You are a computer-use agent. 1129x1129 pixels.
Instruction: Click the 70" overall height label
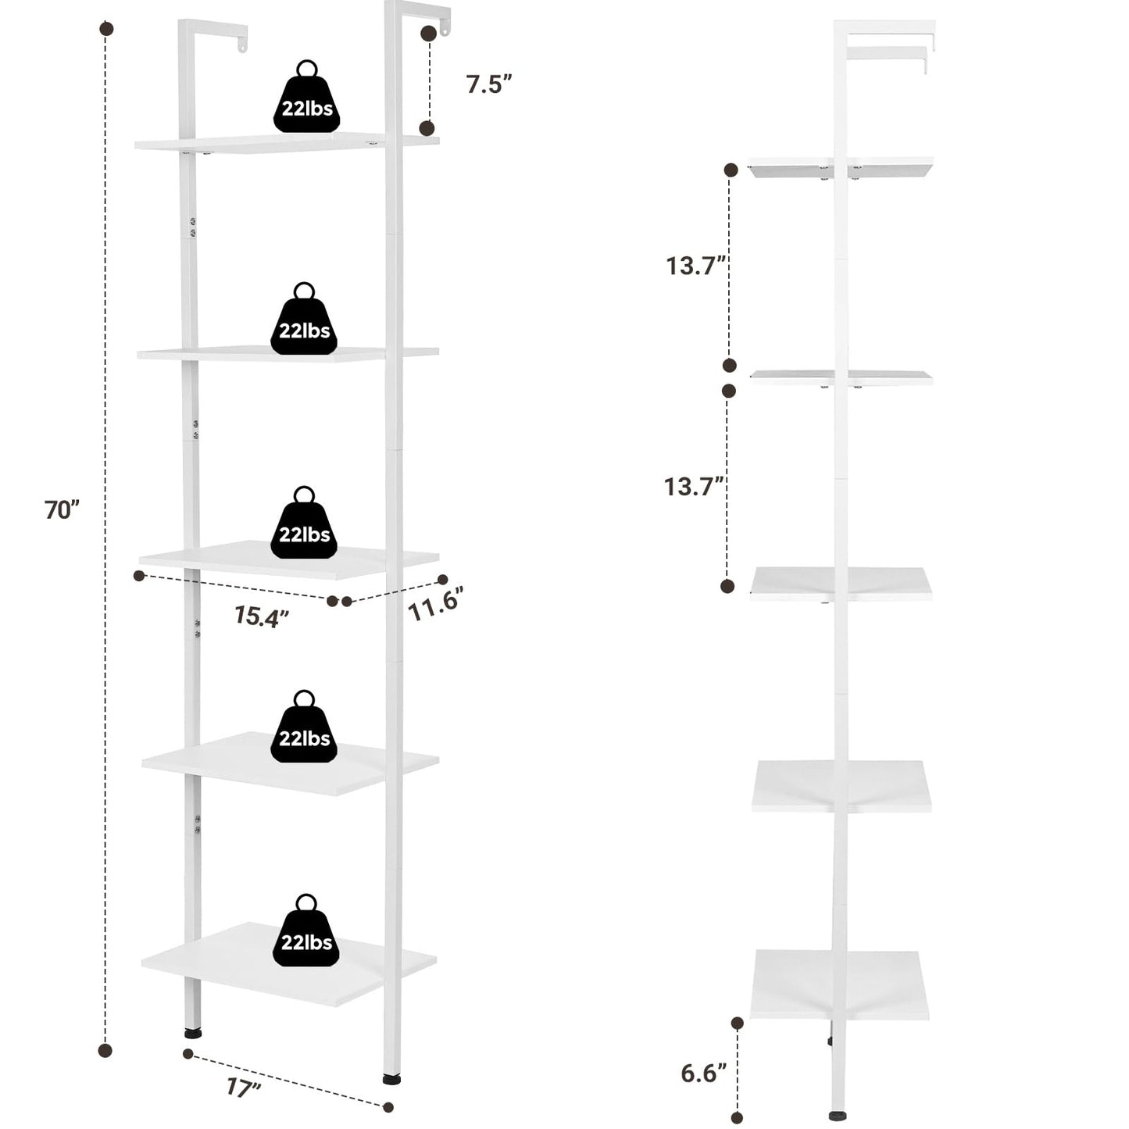pos(62,509)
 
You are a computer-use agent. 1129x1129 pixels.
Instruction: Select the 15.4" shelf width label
pos(262,616)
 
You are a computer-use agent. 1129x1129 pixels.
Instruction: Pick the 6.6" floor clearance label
pos(704,1074)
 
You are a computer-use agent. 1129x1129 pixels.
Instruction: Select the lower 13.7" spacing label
pos(695,486)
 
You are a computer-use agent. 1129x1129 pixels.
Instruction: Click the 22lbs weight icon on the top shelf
pos(306,96)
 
